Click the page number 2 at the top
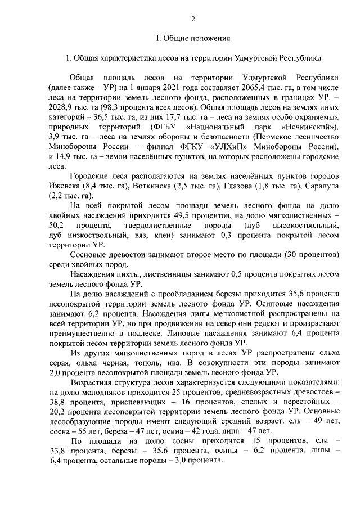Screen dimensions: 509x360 (x=193, y=18)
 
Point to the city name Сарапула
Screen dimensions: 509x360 (x=321, y=187)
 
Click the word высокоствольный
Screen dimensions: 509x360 (x=308, y=226)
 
